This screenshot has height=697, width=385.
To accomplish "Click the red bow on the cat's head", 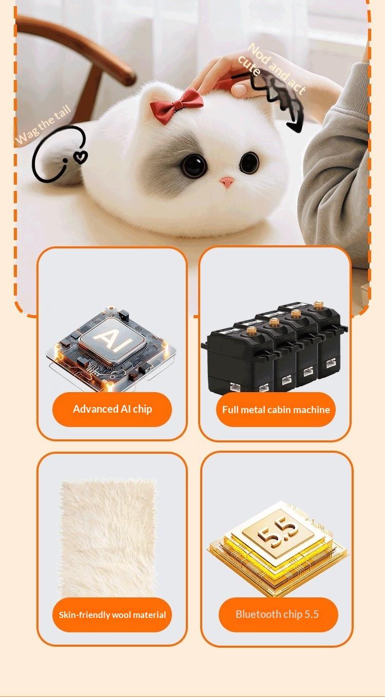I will [176, 101].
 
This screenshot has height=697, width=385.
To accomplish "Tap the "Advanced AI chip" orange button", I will [112, 409].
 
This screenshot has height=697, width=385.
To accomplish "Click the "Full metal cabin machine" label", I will [276, 410].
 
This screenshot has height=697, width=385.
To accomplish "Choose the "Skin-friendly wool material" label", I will [112, 614].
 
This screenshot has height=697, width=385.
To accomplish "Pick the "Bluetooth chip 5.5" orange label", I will [278, 614].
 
